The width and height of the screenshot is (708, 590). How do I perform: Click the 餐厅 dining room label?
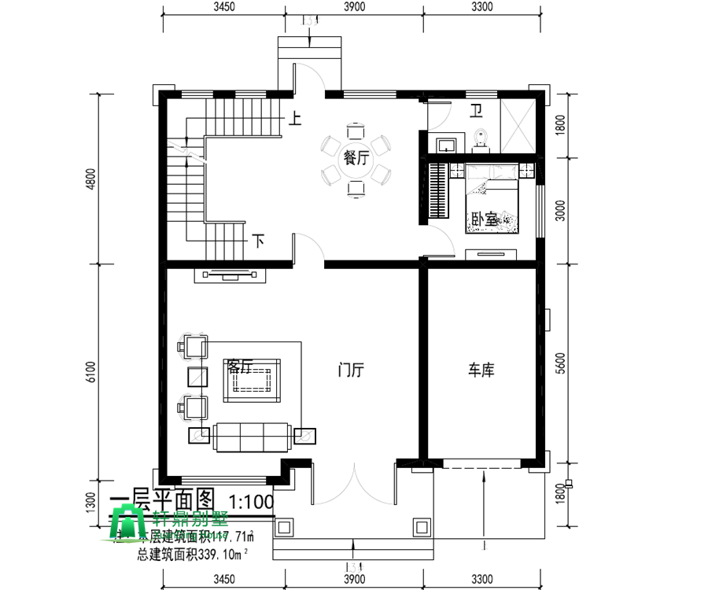point(356,157)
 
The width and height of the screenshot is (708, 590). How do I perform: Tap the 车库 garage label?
point(481,369)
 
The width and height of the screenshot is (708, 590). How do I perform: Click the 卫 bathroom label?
point(477,110)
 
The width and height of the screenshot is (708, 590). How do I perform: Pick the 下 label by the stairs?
point(258,241)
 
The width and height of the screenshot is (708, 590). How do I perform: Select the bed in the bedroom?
point(493,201)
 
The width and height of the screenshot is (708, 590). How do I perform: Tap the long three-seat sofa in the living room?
point(252,435)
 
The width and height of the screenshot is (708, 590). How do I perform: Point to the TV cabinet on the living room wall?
point(230,275)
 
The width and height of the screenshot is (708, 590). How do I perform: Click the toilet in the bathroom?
point(482,139)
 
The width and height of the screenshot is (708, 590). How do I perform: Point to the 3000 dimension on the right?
point(560,209)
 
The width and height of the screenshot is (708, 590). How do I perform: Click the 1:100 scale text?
point(251,501)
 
